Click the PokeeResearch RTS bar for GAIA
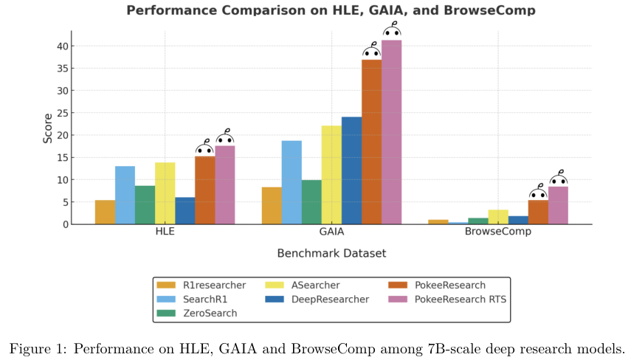coord(391,133)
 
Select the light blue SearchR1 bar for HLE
coord(125,195)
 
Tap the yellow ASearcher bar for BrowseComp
coord(498,217)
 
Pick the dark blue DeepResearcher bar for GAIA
coord(351,170)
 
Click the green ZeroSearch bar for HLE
coord(145,205)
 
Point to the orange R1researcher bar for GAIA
coord(272,206)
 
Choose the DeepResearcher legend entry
coord(328,299)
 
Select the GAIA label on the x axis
coord(331,231)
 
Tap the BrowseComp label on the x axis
coord(498,231)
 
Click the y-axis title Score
coord(46,128)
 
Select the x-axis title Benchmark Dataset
coord(331,253)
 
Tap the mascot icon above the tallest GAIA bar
coord(392,31)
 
